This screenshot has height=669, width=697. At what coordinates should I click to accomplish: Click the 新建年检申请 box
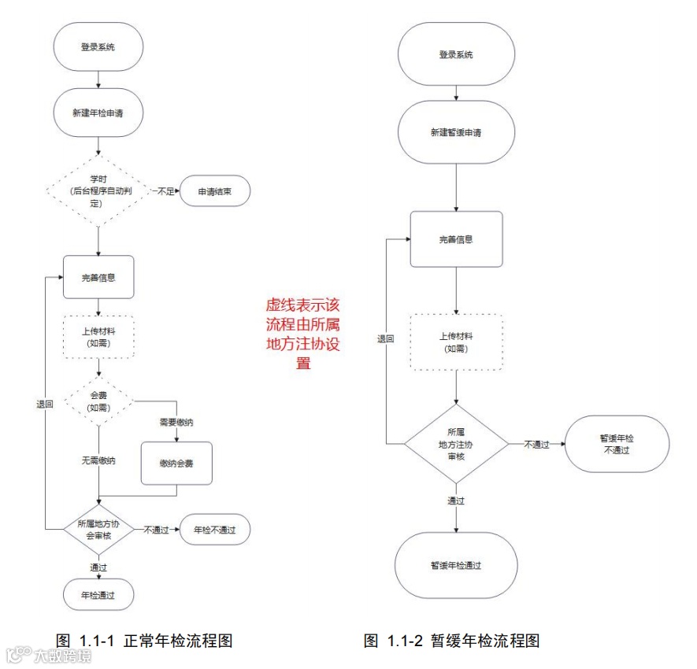[x=97, y=113]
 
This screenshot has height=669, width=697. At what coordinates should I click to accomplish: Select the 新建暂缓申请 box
[x=456, y=133]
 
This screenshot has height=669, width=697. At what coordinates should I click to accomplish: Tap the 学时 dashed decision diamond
[x=97, y=191]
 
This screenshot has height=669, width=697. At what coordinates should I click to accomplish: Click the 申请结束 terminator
[x=214, y=190]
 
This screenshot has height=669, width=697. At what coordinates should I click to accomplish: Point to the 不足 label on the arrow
[x=165, y=190]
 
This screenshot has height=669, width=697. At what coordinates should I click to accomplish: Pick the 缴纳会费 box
[x=176, y=463]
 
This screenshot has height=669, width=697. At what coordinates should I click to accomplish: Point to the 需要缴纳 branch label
[x=176, y=423]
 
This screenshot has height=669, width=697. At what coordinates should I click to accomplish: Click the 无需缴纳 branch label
[x=98, y=460]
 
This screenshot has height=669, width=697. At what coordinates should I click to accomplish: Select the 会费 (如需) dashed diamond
[x=98, y=402]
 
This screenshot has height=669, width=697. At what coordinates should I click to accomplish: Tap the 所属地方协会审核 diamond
[x=98, y=529]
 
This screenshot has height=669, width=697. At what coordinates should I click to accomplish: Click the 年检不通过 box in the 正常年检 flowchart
[x=215, y=530]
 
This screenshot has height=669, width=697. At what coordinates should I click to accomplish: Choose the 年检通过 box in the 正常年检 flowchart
[x=98, y=596]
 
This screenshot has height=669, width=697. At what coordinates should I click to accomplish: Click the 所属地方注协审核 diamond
[x=456, y=444]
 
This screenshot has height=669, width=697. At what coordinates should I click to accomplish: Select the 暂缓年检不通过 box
[x=617, y=444]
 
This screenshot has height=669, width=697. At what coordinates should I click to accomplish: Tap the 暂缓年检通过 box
[x=456, y=565]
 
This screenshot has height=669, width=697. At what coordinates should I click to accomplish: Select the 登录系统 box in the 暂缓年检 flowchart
[x=456, y=55]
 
